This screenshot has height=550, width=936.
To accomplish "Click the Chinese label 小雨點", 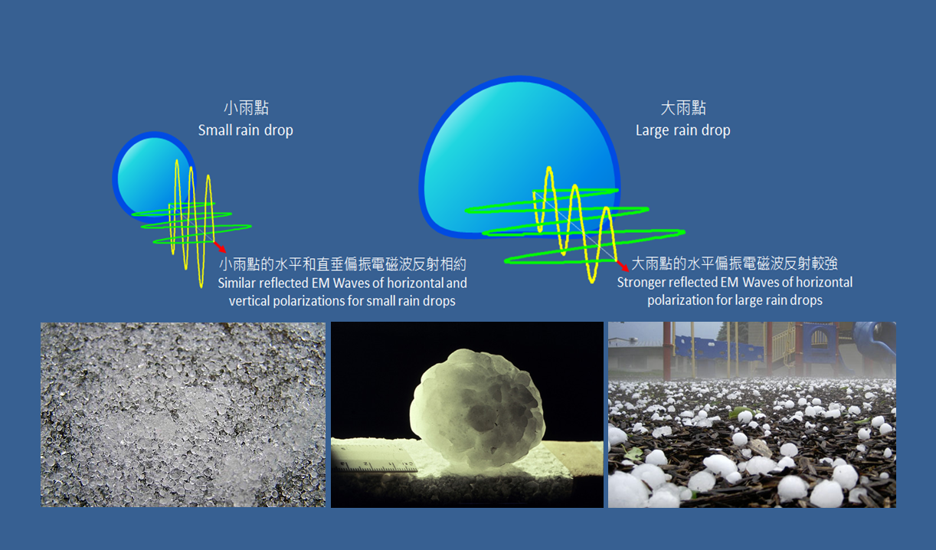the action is point(246,108).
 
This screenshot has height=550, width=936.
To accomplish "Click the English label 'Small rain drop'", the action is point(246,130).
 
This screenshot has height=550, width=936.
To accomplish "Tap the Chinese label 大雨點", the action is point(683,108).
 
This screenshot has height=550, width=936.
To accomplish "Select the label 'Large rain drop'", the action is point(683,130).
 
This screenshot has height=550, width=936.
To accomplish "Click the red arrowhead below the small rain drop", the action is point(221,247).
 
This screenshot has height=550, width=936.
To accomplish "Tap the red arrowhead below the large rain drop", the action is point(623,266).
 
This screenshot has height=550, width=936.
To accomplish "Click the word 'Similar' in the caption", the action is point(237,283).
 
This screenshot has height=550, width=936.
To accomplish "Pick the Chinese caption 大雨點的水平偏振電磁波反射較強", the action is point(735,264).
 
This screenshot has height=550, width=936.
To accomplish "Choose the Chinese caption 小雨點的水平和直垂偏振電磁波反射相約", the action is point(342,264).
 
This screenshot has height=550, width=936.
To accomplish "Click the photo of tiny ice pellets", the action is point(183,414).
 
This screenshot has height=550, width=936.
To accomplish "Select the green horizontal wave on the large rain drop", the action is point(575,226).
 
